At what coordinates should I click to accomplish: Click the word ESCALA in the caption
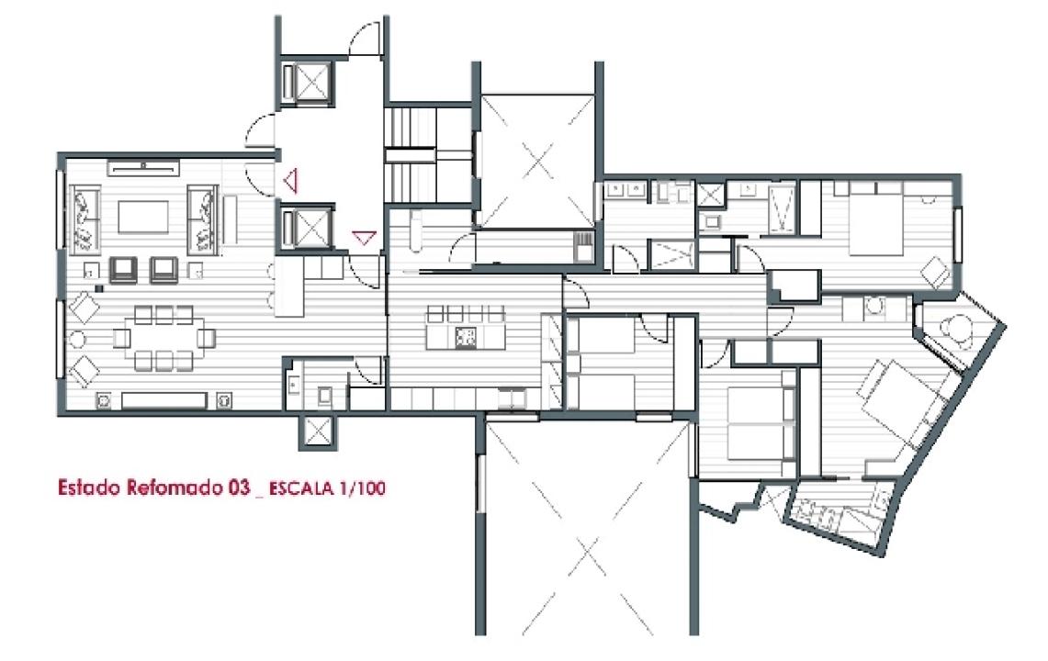click(300, 488)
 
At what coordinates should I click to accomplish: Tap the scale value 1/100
click(362, 488)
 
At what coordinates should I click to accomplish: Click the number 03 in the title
click(239, 487)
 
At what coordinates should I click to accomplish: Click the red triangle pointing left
click(290, 181)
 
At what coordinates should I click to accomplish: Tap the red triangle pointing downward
click(365, 237)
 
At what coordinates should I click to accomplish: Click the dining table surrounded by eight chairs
click(164, 338)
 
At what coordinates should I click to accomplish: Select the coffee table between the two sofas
click(143, 217)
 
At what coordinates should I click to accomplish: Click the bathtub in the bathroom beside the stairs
click(415, 231)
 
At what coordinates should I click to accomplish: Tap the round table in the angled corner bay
click(954, 328)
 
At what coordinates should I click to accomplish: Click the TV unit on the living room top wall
click(143, 167)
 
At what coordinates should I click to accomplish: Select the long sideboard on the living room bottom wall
click(164, 400)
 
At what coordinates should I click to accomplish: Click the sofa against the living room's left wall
click(85, 219)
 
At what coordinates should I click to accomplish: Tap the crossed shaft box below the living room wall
click(317, 432)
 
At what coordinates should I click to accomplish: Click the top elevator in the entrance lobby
click(307, 83)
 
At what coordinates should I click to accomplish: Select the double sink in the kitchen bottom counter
click(512, 399)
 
